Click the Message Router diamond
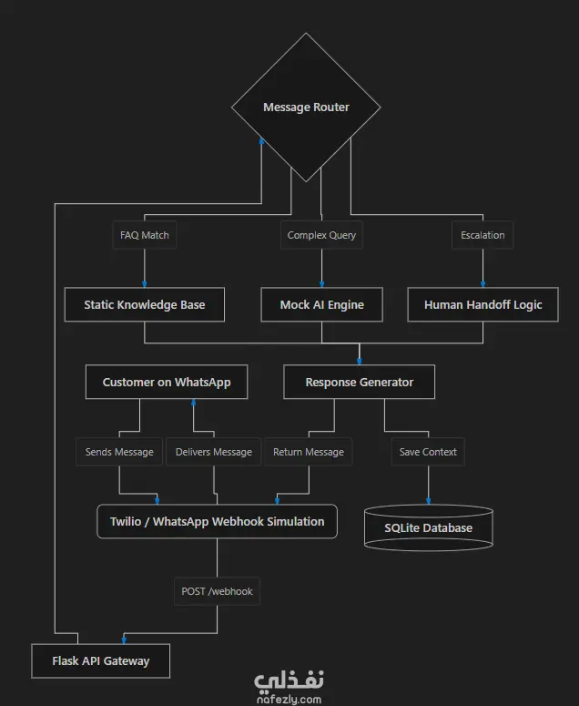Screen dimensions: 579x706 coord(306,107)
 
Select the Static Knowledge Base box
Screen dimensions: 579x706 coord(145,304)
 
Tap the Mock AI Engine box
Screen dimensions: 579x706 coord(321,304)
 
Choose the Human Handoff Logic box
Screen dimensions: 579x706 coord(482,304)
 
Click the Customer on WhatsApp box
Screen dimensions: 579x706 coord(167,382)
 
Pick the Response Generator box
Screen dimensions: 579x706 coord(359,382)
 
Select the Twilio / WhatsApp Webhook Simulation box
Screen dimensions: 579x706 coord(217,521)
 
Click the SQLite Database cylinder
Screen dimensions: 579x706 coord(428,527)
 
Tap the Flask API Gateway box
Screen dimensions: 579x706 coord(100,660)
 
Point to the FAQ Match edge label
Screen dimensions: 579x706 coord(145,235)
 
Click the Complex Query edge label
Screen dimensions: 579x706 coord(321,235)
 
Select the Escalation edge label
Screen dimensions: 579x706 coord(482,235)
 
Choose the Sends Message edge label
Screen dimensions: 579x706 coord(119,452)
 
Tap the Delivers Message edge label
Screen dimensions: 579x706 coord(214,452)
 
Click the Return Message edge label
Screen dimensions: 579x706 coord(309,452)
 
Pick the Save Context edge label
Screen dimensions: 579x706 coord(428,452)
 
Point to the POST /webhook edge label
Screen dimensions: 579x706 coord(217,591)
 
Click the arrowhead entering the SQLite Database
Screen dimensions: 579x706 coord(428,501)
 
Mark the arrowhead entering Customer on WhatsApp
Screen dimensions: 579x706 coord(193,403)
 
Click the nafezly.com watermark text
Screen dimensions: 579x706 coord(289,700)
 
